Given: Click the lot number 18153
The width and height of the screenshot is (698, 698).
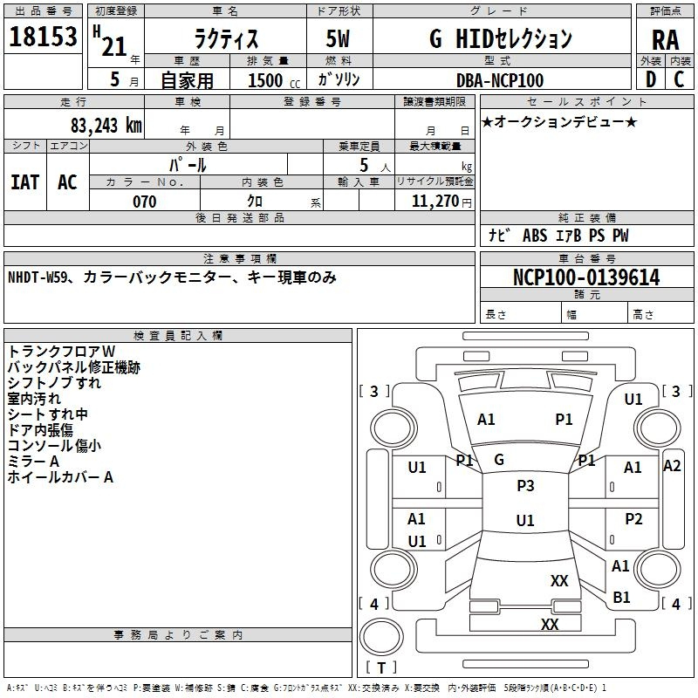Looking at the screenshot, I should pos(43,38).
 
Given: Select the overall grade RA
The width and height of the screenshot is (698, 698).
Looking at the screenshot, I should pos(665,39).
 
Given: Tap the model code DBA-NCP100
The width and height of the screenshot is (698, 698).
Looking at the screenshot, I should pos(500,80).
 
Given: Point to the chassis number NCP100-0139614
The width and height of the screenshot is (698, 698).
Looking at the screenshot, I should pos(586,278).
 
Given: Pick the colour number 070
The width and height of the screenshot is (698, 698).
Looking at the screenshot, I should pos(144,202).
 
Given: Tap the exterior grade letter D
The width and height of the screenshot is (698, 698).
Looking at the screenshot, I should pos(651,79).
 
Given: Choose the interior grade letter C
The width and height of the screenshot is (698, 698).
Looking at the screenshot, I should pos(679,79).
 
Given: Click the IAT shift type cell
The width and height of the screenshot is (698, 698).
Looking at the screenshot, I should pos(24,182).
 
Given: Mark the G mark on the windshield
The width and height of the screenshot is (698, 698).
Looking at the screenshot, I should pos(499,460).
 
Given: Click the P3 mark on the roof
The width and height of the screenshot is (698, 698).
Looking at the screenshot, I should pos(525,486).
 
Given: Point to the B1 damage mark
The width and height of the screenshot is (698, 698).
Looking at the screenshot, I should pos(621,598).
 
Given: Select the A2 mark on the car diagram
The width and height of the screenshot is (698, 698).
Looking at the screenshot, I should pos(672,466).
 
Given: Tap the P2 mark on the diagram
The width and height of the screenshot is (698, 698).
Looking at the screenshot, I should pos(633,519).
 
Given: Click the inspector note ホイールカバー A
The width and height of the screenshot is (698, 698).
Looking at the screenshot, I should pos(60,477).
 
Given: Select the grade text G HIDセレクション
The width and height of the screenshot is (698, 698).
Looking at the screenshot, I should pos(501,38).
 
